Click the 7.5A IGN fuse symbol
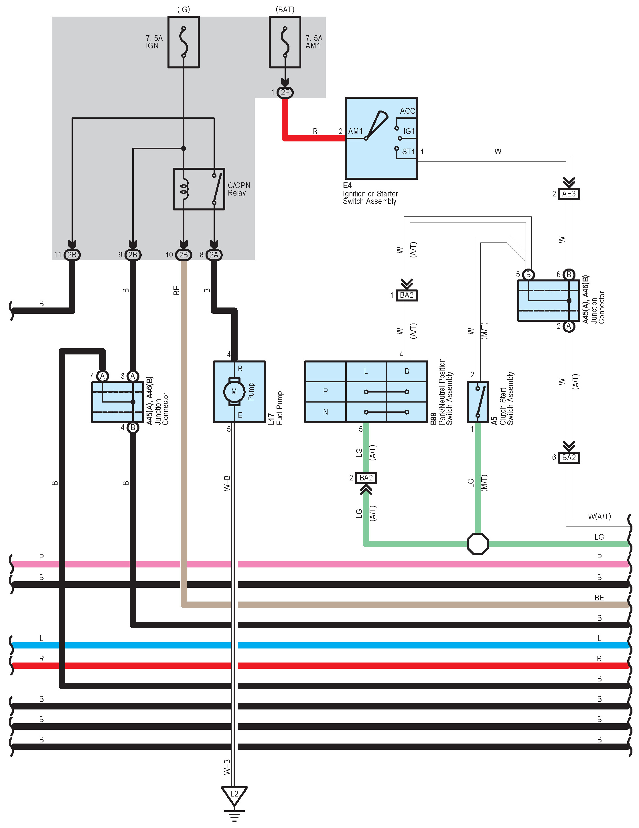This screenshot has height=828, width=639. [184, 42]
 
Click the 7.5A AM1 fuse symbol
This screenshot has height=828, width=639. [285, 42]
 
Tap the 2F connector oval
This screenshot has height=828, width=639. [285, 92]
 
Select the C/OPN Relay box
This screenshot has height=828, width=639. [199, 189]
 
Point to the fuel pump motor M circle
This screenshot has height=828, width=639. [234, 392]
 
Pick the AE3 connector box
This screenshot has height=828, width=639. [569, 194]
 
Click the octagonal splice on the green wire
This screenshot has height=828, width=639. [478, 544]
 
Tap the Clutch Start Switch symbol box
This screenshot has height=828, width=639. [478, 402]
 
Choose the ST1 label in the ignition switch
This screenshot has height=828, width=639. [409, 152]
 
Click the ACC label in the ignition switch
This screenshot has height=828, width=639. [407, 111]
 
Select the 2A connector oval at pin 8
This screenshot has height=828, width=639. [214, 255]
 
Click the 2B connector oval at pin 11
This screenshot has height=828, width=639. [72, 255]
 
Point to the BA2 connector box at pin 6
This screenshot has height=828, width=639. [569, 457]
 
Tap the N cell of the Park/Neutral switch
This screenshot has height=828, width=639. [325, 412]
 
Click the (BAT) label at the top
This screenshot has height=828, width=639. [285, 9]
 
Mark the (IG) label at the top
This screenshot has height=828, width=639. [184, 9]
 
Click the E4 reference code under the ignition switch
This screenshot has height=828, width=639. [347, 186]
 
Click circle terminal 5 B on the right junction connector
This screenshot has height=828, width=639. [528, 275]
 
